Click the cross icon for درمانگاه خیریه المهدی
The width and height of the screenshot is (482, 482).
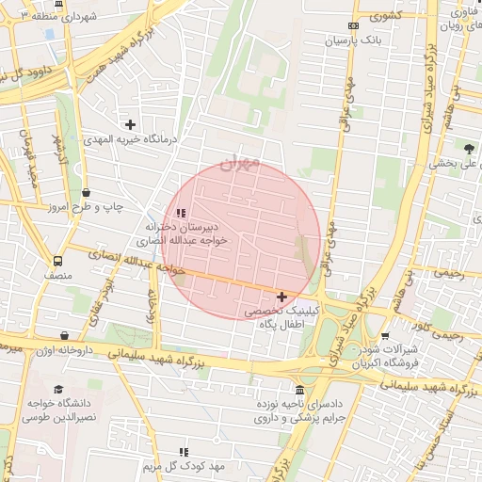(x=130, y=124)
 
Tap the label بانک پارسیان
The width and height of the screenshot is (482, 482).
(x=351, y=41)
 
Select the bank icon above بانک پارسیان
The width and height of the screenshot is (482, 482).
(x=352, y=25)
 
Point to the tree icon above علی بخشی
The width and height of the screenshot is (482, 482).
(x=469, y=147)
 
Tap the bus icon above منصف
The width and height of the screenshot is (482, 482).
(x=58, y=261)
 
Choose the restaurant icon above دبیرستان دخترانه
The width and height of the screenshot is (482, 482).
(x=181, y=213)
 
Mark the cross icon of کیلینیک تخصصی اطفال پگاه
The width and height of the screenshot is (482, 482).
(x=281, y=297)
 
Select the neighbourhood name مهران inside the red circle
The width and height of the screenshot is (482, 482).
(x=239, y=163)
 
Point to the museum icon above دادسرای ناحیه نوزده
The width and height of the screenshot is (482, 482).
(x=299, y=390)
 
